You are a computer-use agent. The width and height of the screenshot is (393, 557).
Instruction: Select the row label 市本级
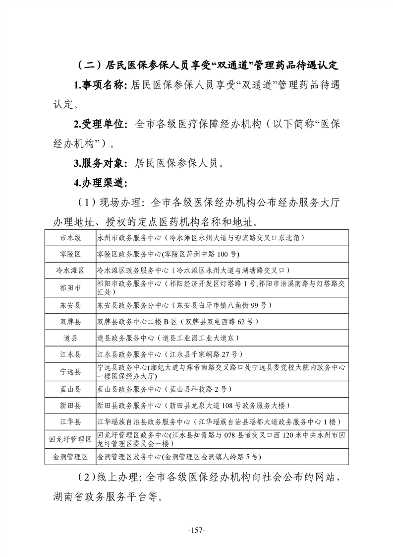pyautogui.click(x=70, y=238)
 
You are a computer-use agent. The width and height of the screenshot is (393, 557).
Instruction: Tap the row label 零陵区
pyautogui.click(x=70, y=254)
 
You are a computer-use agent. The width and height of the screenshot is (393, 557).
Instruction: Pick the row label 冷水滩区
pyautogui.click(x=70, y=271)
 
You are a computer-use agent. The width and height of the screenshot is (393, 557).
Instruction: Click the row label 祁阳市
pyautogui.click(x=70, y=287)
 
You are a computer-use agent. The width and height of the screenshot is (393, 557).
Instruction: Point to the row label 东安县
pyautogui.click(x=70, y=305)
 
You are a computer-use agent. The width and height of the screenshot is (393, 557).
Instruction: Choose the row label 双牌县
pyautogui.click(x=70, y=322)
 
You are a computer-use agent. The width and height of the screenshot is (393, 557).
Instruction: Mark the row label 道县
pyautogui.click(x=70, y=338)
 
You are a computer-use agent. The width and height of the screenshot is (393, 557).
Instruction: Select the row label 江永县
pyautogui.click(x=70, y=354)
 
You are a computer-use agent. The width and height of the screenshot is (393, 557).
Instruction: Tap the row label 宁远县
pyautogui.click(x=70, y=371)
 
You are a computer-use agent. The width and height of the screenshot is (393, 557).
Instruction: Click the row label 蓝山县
pyautogui.click(x=70, y=389)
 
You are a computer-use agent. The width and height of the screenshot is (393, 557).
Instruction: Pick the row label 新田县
pyautogui.click(x=70, y=406)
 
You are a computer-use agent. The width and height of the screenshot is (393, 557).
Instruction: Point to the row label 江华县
pyautogui.click(x=70, y=422)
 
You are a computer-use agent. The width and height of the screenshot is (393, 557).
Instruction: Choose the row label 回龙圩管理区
pyautogui.click(x=70, y=439)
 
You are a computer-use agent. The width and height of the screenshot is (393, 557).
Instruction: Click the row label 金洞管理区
pyautogui.click(x=70, y=456)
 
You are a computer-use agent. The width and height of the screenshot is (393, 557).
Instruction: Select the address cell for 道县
pyautogui.click(x=168, y=338)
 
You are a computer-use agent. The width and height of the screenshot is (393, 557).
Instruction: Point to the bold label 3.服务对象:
pyautogui.click(x=101, y=163)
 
